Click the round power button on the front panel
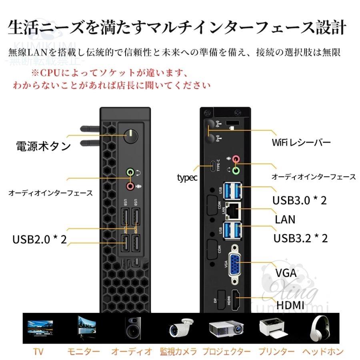130,136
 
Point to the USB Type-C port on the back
212,166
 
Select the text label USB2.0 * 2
40,239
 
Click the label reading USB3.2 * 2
300,238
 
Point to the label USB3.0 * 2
300,200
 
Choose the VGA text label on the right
286,273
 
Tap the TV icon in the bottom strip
39,329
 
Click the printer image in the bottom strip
274,329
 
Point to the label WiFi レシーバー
301,142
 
